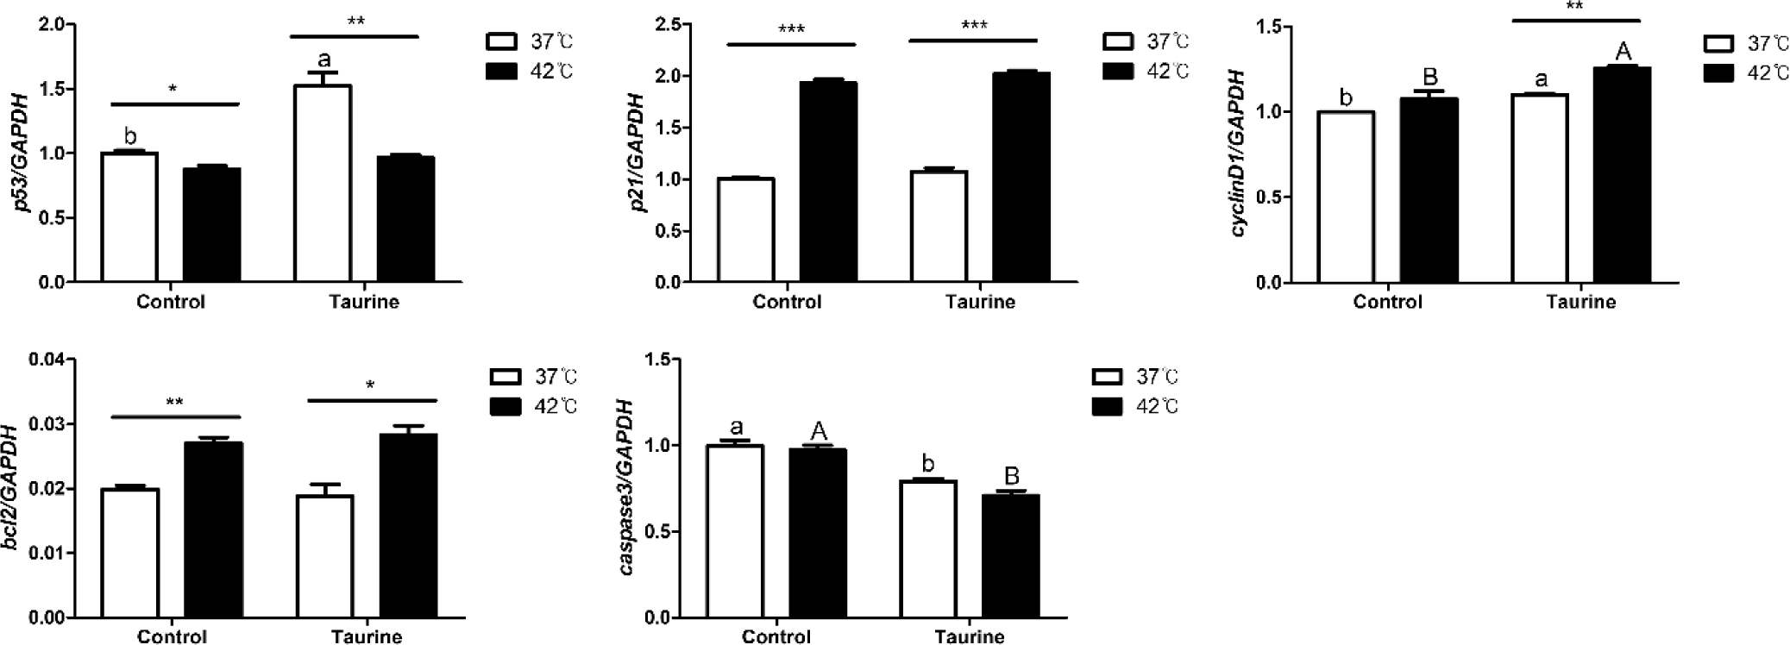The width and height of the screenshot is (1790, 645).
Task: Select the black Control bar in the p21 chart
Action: click(828, 182)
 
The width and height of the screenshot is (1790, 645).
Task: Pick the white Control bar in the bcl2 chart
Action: click(130, 553)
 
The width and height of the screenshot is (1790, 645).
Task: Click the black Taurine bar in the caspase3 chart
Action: click(1011, 556)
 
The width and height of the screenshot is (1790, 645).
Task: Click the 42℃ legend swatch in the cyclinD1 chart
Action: click(1719, 73)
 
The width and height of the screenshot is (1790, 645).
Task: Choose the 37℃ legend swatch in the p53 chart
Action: click(500, 41)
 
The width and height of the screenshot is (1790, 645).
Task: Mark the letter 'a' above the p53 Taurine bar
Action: click(324, 59)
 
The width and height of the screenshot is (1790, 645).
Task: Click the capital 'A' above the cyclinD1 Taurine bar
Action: click(1623, 51)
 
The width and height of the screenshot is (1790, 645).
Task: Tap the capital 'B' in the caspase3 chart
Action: click(1012, 476)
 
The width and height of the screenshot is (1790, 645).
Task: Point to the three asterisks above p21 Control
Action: click(791, 30)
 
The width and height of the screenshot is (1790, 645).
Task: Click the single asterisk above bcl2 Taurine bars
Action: click(370, 385)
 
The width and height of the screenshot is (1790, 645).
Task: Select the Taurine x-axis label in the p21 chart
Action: click(980, 302)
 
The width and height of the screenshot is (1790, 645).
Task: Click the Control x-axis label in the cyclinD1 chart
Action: click(1387, 302)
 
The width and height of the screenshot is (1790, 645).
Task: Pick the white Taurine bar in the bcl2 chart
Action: click(324, 556)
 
